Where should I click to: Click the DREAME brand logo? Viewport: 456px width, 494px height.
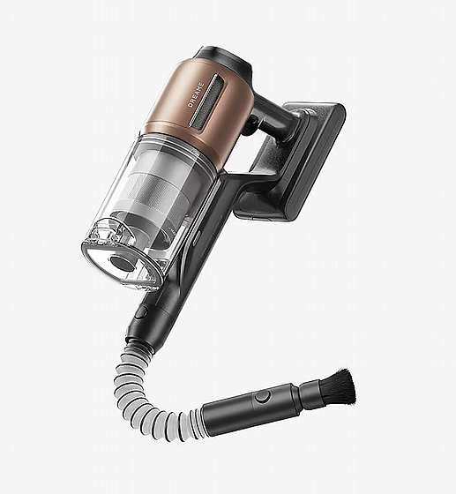tap(196, 95)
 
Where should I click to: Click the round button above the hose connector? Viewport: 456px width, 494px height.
tap(141, 312)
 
